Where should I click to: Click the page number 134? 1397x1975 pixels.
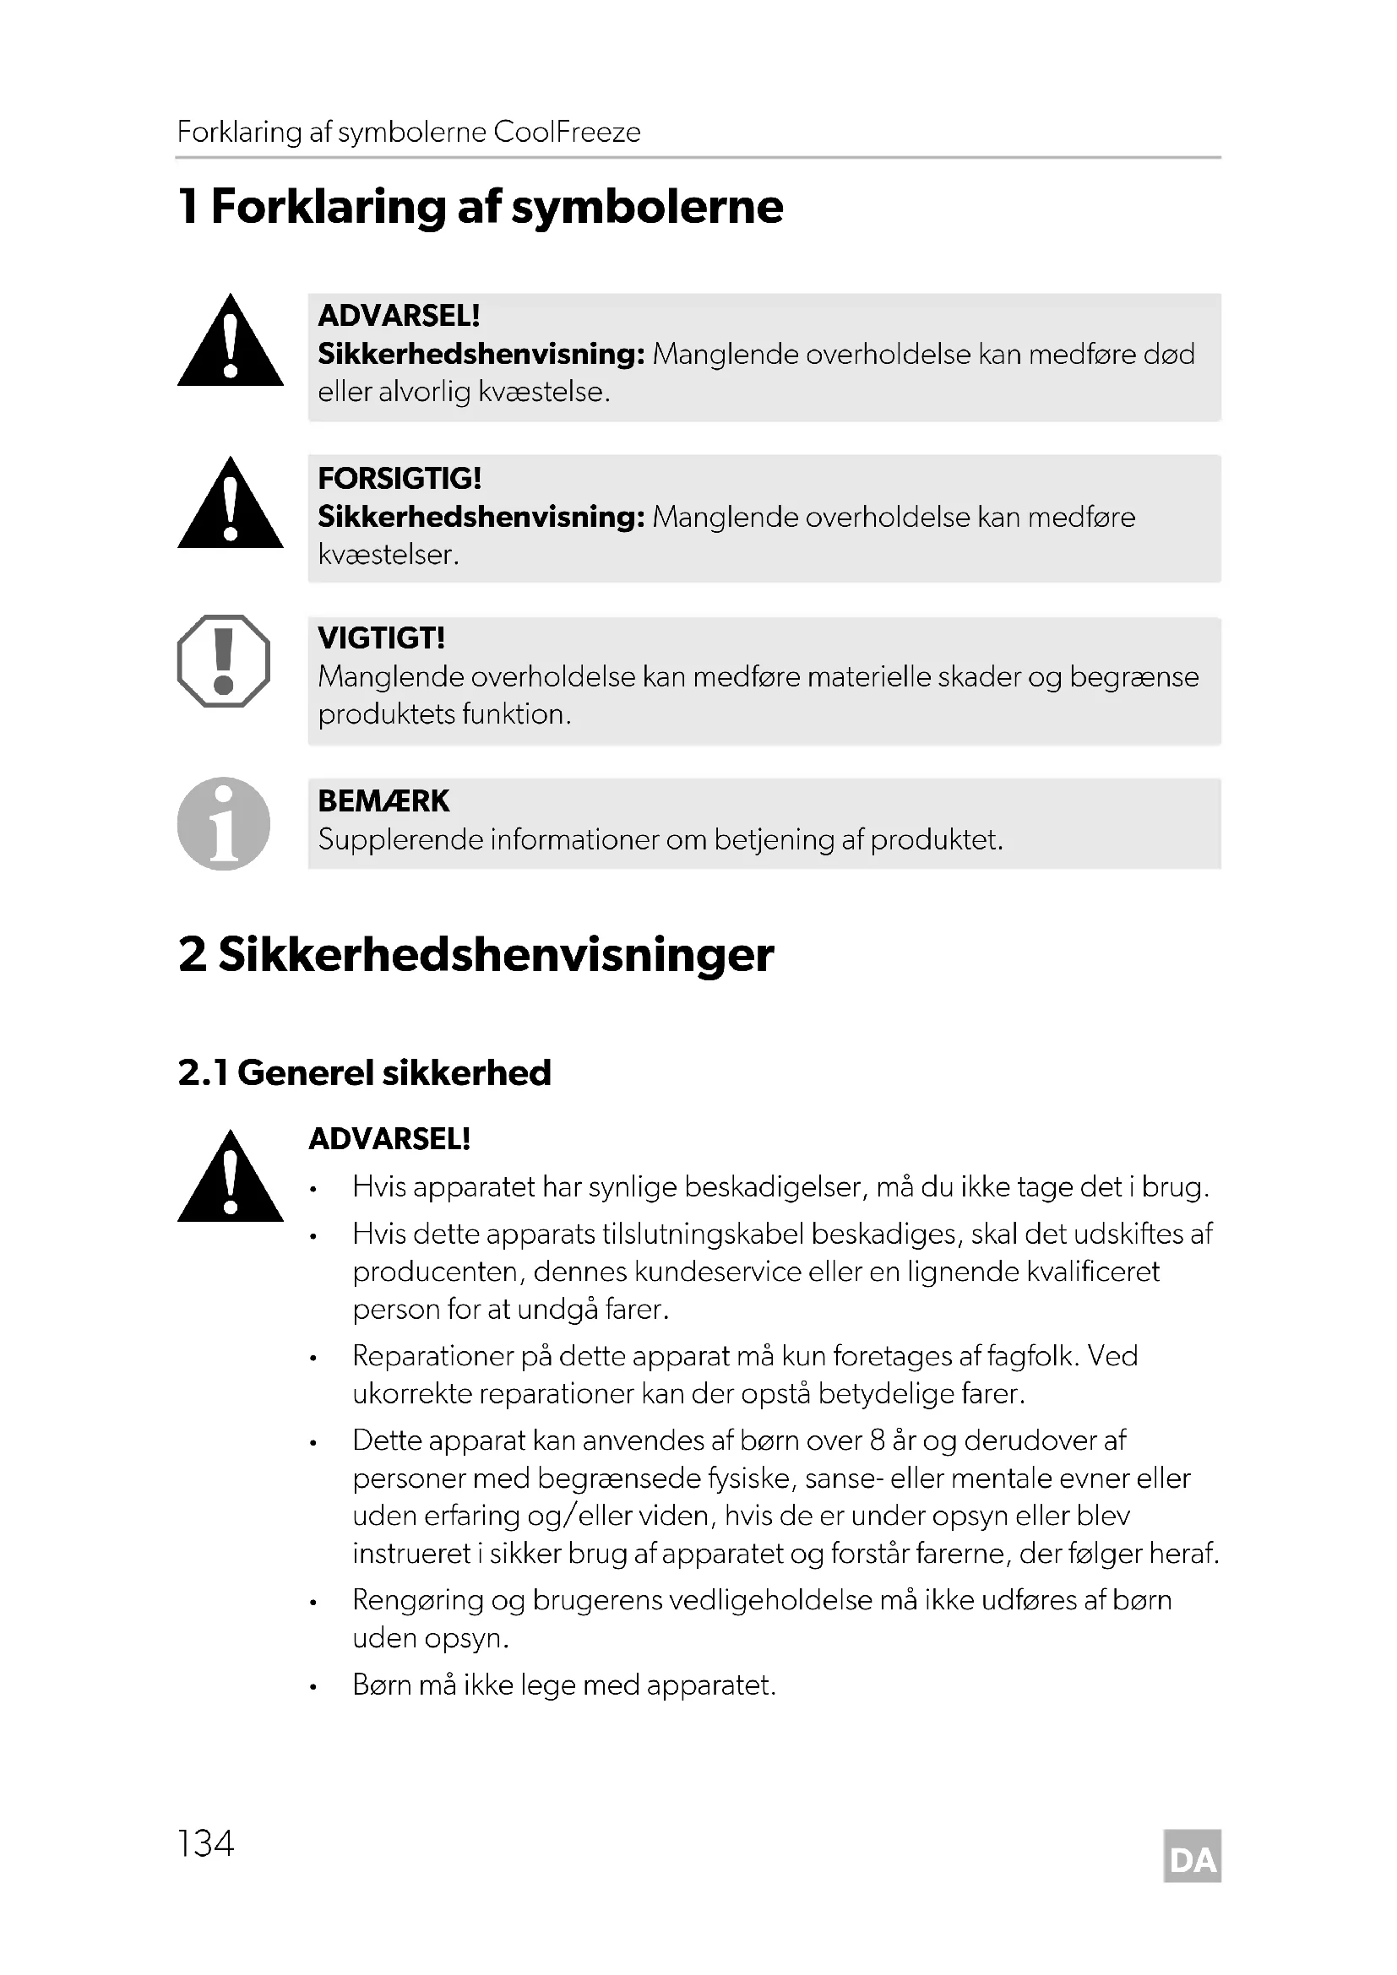(205, 1843)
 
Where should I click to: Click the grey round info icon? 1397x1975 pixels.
(224, 823)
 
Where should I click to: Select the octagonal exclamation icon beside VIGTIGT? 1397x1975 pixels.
(224, 660)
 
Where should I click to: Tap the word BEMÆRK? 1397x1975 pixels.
(383, 800)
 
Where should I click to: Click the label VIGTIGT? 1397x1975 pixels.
(381, 638)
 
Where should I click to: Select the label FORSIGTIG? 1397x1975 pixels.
(400, 477)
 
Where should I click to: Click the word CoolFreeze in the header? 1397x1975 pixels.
(567, 133)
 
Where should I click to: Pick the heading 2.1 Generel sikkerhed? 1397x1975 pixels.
(364, 1072)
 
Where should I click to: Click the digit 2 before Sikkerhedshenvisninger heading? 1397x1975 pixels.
(192, 954)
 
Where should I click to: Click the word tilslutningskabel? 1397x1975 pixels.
(703, 1234)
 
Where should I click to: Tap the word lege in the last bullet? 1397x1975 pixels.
(546, 1685)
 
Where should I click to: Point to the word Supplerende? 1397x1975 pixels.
(400, 839)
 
